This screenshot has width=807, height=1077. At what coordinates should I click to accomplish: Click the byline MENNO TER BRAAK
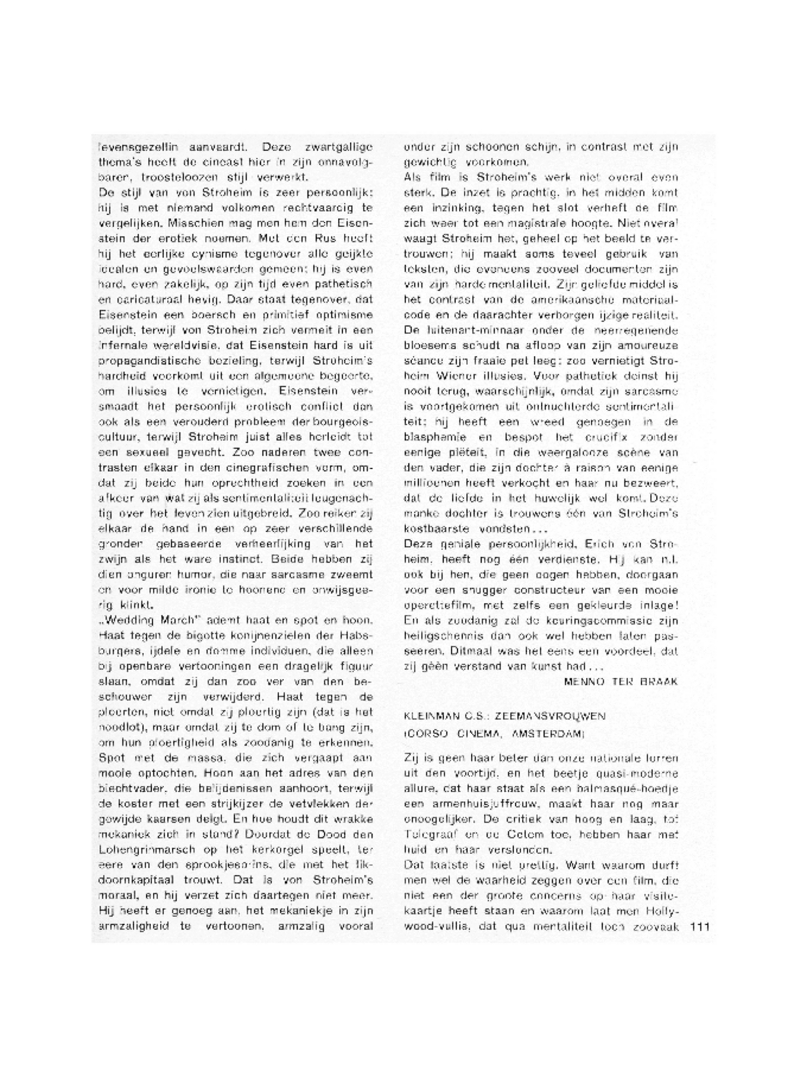click(621, 681)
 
